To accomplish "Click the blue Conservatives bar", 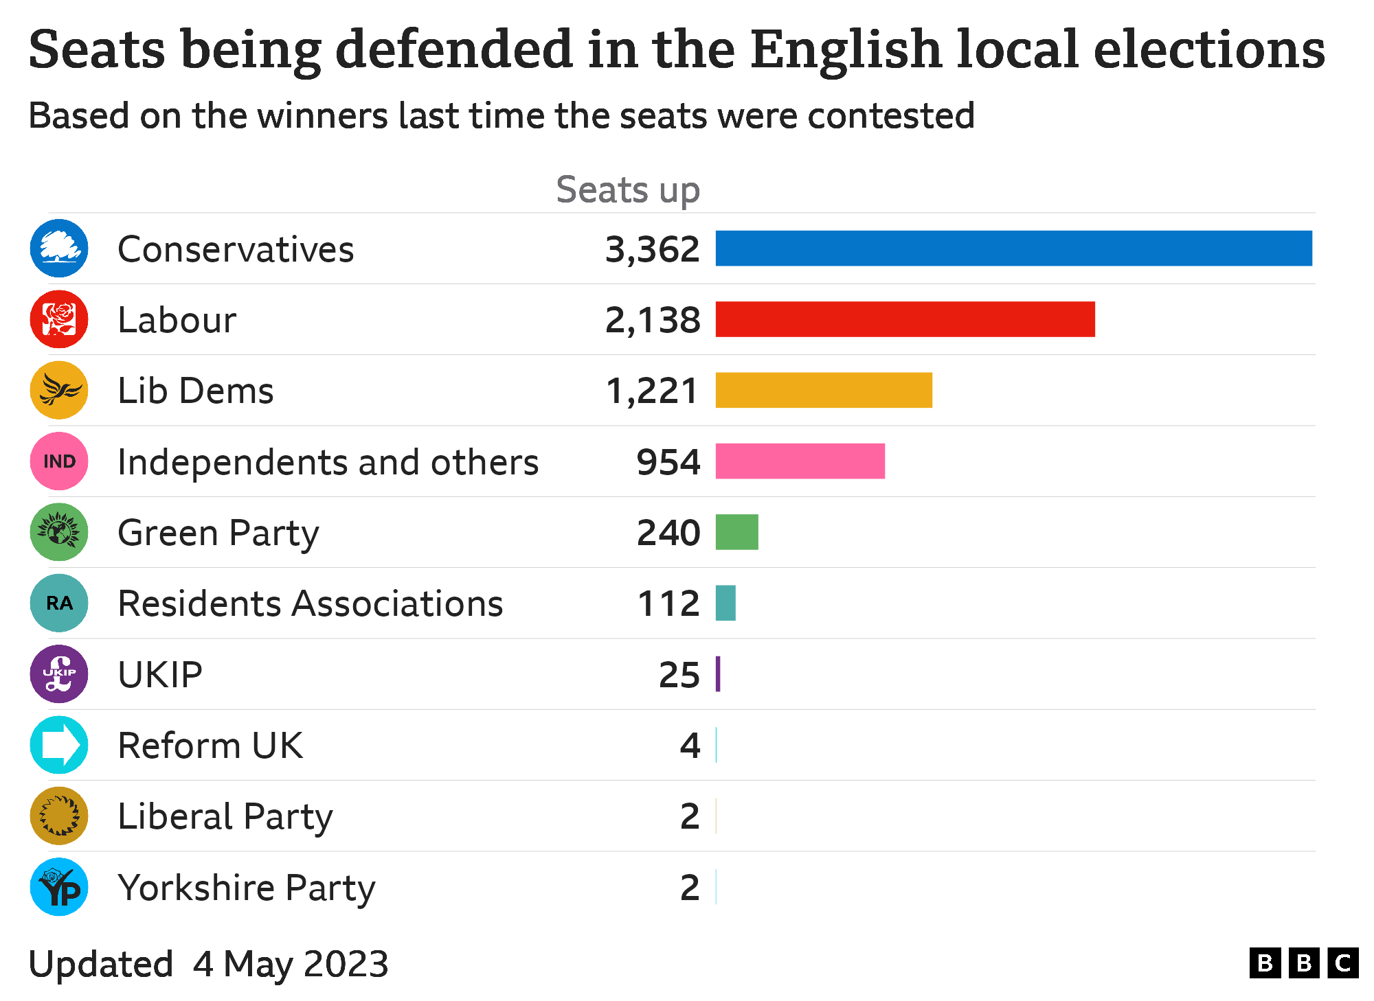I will (1013, 249).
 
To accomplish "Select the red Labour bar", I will (905, 319).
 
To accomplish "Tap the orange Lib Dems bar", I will (824, 390).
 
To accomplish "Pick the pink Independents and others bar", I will (800, 461).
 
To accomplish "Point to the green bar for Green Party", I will (736, 532).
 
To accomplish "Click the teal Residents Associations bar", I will (725, 603).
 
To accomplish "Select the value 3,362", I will (652, 249).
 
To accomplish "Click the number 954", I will (668, 462).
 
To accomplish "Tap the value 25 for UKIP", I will (679, 675).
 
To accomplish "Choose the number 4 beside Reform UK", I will (690, 746).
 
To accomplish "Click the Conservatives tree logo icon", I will (59, 249).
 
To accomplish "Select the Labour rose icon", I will (59, 319).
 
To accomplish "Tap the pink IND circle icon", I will (59, 461).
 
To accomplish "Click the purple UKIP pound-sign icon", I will (59, 674).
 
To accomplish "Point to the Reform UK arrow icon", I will (59, 745).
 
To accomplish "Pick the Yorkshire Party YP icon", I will (59, 887).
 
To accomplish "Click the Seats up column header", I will (627, 190).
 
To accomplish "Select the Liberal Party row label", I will (225, 816).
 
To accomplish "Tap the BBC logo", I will (1303, 963).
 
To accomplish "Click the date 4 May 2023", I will (291, 964).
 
